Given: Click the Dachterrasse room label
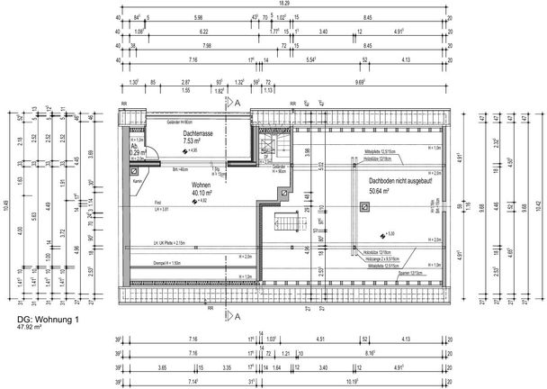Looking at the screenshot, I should [x=197, y=132].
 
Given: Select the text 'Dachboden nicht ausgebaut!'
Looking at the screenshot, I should [x=400, y=181].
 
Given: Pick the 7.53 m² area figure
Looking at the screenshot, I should [x=197, y=140].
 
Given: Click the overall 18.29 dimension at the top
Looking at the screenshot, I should [x=283, y=5].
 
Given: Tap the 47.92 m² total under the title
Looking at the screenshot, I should [x=34, y=329].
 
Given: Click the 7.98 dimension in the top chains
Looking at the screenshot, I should [x=206, y=44].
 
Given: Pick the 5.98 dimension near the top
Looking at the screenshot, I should [x=198, y=17].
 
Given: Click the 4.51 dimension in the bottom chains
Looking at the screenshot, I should [x=319, y=339].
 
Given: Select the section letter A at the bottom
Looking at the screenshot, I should [x=238, y=316].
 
